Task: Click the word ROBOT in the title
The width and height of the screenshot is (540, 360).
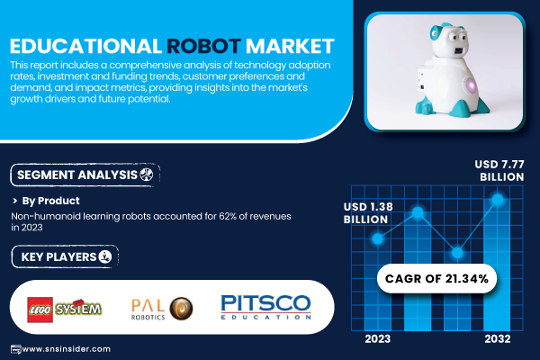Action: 203,46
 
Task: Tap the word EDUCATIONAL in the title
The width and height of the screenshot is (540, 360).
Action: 85,46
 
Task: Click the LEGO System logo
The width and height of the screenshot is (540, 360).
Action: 65,310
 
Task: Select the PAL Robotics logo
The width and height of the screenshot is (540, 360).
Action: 162,309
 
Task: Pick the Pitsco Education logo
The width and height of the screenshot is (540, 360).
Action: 265,307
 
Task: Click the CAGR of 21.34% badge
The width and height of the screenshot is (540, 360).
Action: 436,278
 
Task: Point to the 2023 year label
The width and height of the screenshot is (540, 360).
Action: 378,339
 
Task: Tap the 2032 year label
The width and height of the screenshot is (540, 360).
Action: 498,339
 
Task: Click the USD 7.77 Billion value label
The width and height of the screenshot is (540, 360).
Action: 499,170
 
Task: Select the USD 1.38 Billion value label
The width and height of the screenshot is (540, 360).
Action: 368,213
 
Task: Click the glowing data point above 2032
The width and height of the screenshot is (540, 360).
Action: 498,199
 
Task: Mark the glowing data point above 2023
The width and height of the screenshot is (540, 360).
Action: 378,238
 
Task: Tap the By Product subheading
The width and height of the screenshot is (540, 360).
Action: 50,201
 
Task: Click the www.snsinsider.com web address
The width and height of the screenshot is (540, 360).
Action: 66,349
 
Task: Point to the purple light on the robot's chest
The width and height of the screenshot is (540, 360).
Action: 470,85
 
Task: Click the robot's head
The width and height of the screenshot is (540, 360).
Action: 448,40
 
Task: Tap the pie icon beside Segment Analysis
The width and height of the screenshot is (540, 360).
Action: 147,175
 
